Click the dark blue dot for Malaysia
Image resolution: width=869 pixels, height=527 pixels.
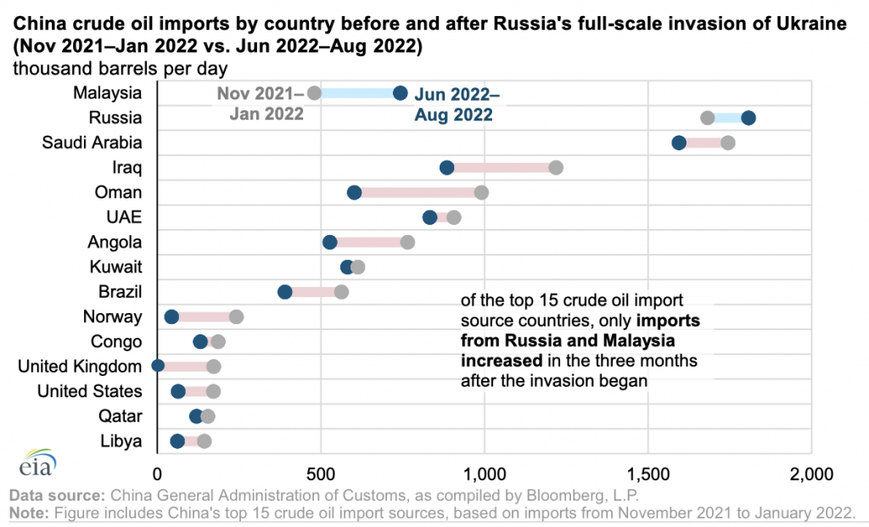(x=401, y=93)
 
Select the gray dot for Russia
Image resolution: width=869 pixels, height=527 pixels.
(x=707, y=118)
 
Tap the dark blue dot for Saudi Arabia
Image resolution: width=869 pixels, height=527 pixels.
(x=679, y=143)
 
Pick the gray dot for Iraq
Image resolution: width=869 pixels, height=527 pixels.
(x=556, y=168)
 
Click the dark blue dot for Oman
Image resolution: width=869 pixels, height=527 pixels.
(x=354, y=193)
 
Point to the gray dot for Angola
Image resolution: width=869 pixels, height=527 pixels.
(x=407, y=242)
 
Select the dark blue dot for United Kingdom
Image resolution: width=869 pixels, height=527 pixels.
(x=158, y=367)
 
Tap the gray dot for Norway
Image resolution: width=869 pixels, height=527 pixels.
(x=236, y=317)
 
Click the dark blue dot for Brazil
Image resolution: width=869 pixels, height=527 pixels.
(x=285, y=292)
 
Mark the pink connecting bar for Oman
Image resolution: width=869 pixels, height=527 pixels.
(x=418, y=193)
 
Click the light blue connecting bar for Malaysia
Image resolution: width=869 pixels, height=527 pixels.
(x=357, y=93)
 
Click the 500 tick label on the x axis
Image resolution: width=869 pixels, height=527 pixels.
(x=321, y=475)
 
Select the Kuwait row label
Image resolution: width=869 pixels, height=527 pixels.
(x=115, y=267)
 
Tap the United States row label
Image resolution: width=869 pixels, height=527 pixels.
(x=90, y=391)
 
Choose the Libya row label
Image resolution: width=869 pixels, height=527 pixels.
(x=121, y=441)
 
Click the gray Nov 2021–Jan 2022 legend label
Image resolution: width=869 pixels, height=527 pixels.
(x=261, y=104)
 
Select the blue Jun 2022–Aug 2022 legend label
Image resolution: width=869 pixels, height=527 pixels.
(x=457, y=104)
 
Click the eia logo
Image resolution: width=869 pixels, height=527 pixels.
(x=38, y=463)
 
